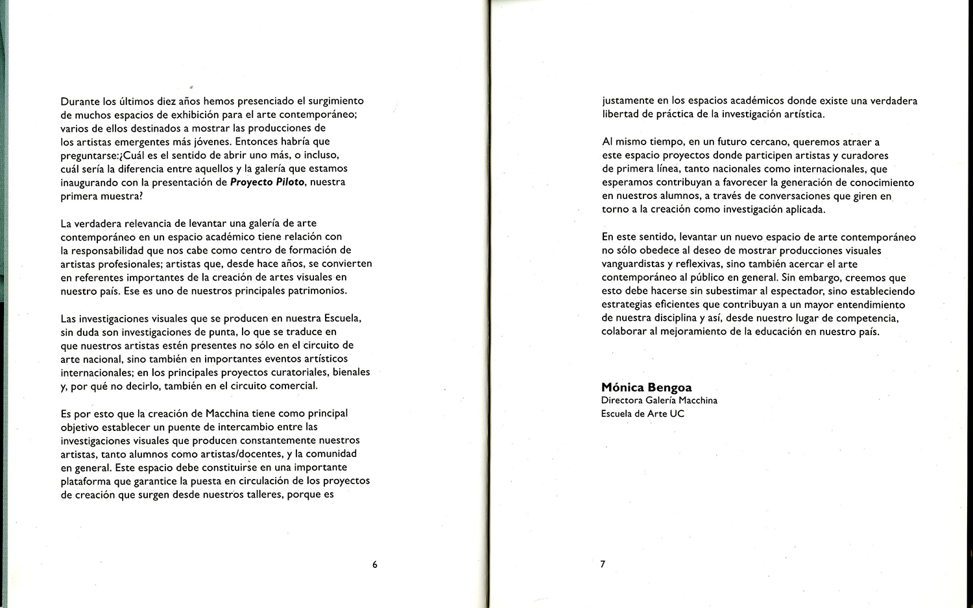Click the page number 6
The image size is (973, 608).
click(375, 565)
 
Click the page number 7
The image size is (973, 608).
click(603, 564)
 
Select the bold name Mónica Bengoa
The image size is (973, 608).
click(646, 388)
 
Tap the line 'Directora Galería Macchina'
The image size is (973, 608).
click(659, 401)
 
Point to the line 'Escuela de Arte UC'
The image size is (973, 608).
click(642, 414)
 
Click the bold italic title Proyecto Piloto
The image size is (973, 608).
click(267, 182)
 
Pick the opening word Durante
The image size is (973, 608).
click(80, 101)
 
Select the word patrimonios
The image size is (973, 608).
click(317, 290)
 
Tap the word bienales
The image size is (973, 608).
click(351, 372)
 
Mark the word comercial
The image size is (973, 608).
click(295, 386)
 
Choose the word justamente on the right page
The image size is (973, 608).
click(628, 101)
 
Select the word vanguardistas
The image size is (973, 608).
click(634, 264)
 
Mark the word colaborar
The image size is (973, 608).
click(624, 332)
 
